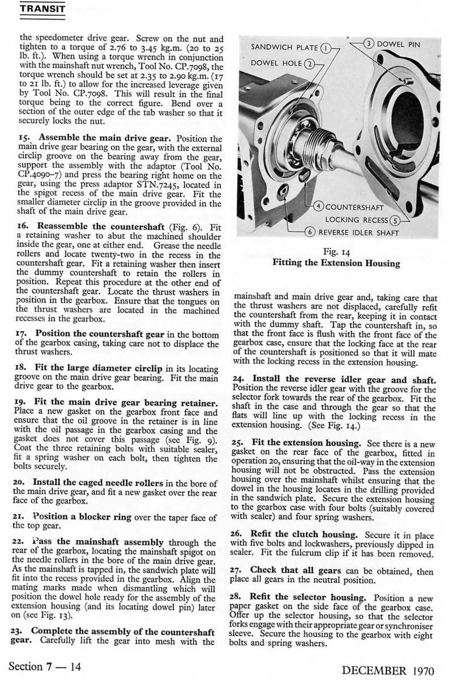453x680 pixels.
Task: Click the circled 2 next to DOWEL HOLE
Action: click(309, 63)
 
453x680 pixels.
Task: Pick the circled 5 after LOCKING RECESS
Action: click(394, 219)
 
